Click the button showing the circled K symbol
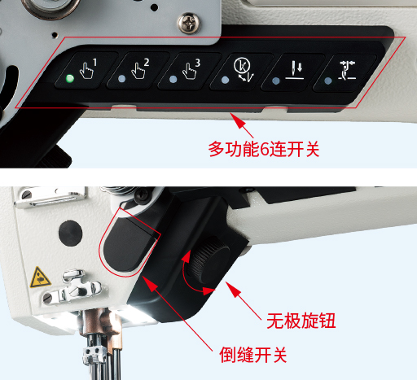pyautogui.click(x=241, y=72)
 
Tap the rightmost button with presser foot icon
pyautogui.click(x=345, y=72)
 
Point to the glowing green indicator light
pyautogui.click(x=70, y=79)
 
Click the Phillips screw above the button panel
pyautogui.click(x=189, y=23)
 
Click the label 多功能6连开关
pyautogui.click(x=264, y=149)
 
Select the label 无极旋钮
pyautogui.click(x=301, y=321)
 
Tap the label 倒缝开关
pyautogui.click(x=252, y=355)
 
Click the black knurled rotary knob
pyautogui.click(x=210, y=258)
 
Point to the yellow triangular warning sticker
pyautogui.click(x=40, y=277)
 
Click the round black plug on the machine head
pyautogui.click(x=70, y=234)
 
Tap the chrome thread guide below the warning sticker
pyautogui.click(x=73, y=288)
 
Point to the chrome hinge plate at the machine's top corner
pyautogui.click(x=50, y=197)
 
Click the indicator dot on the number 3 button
pyautogui.click(x=173, y=80)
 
